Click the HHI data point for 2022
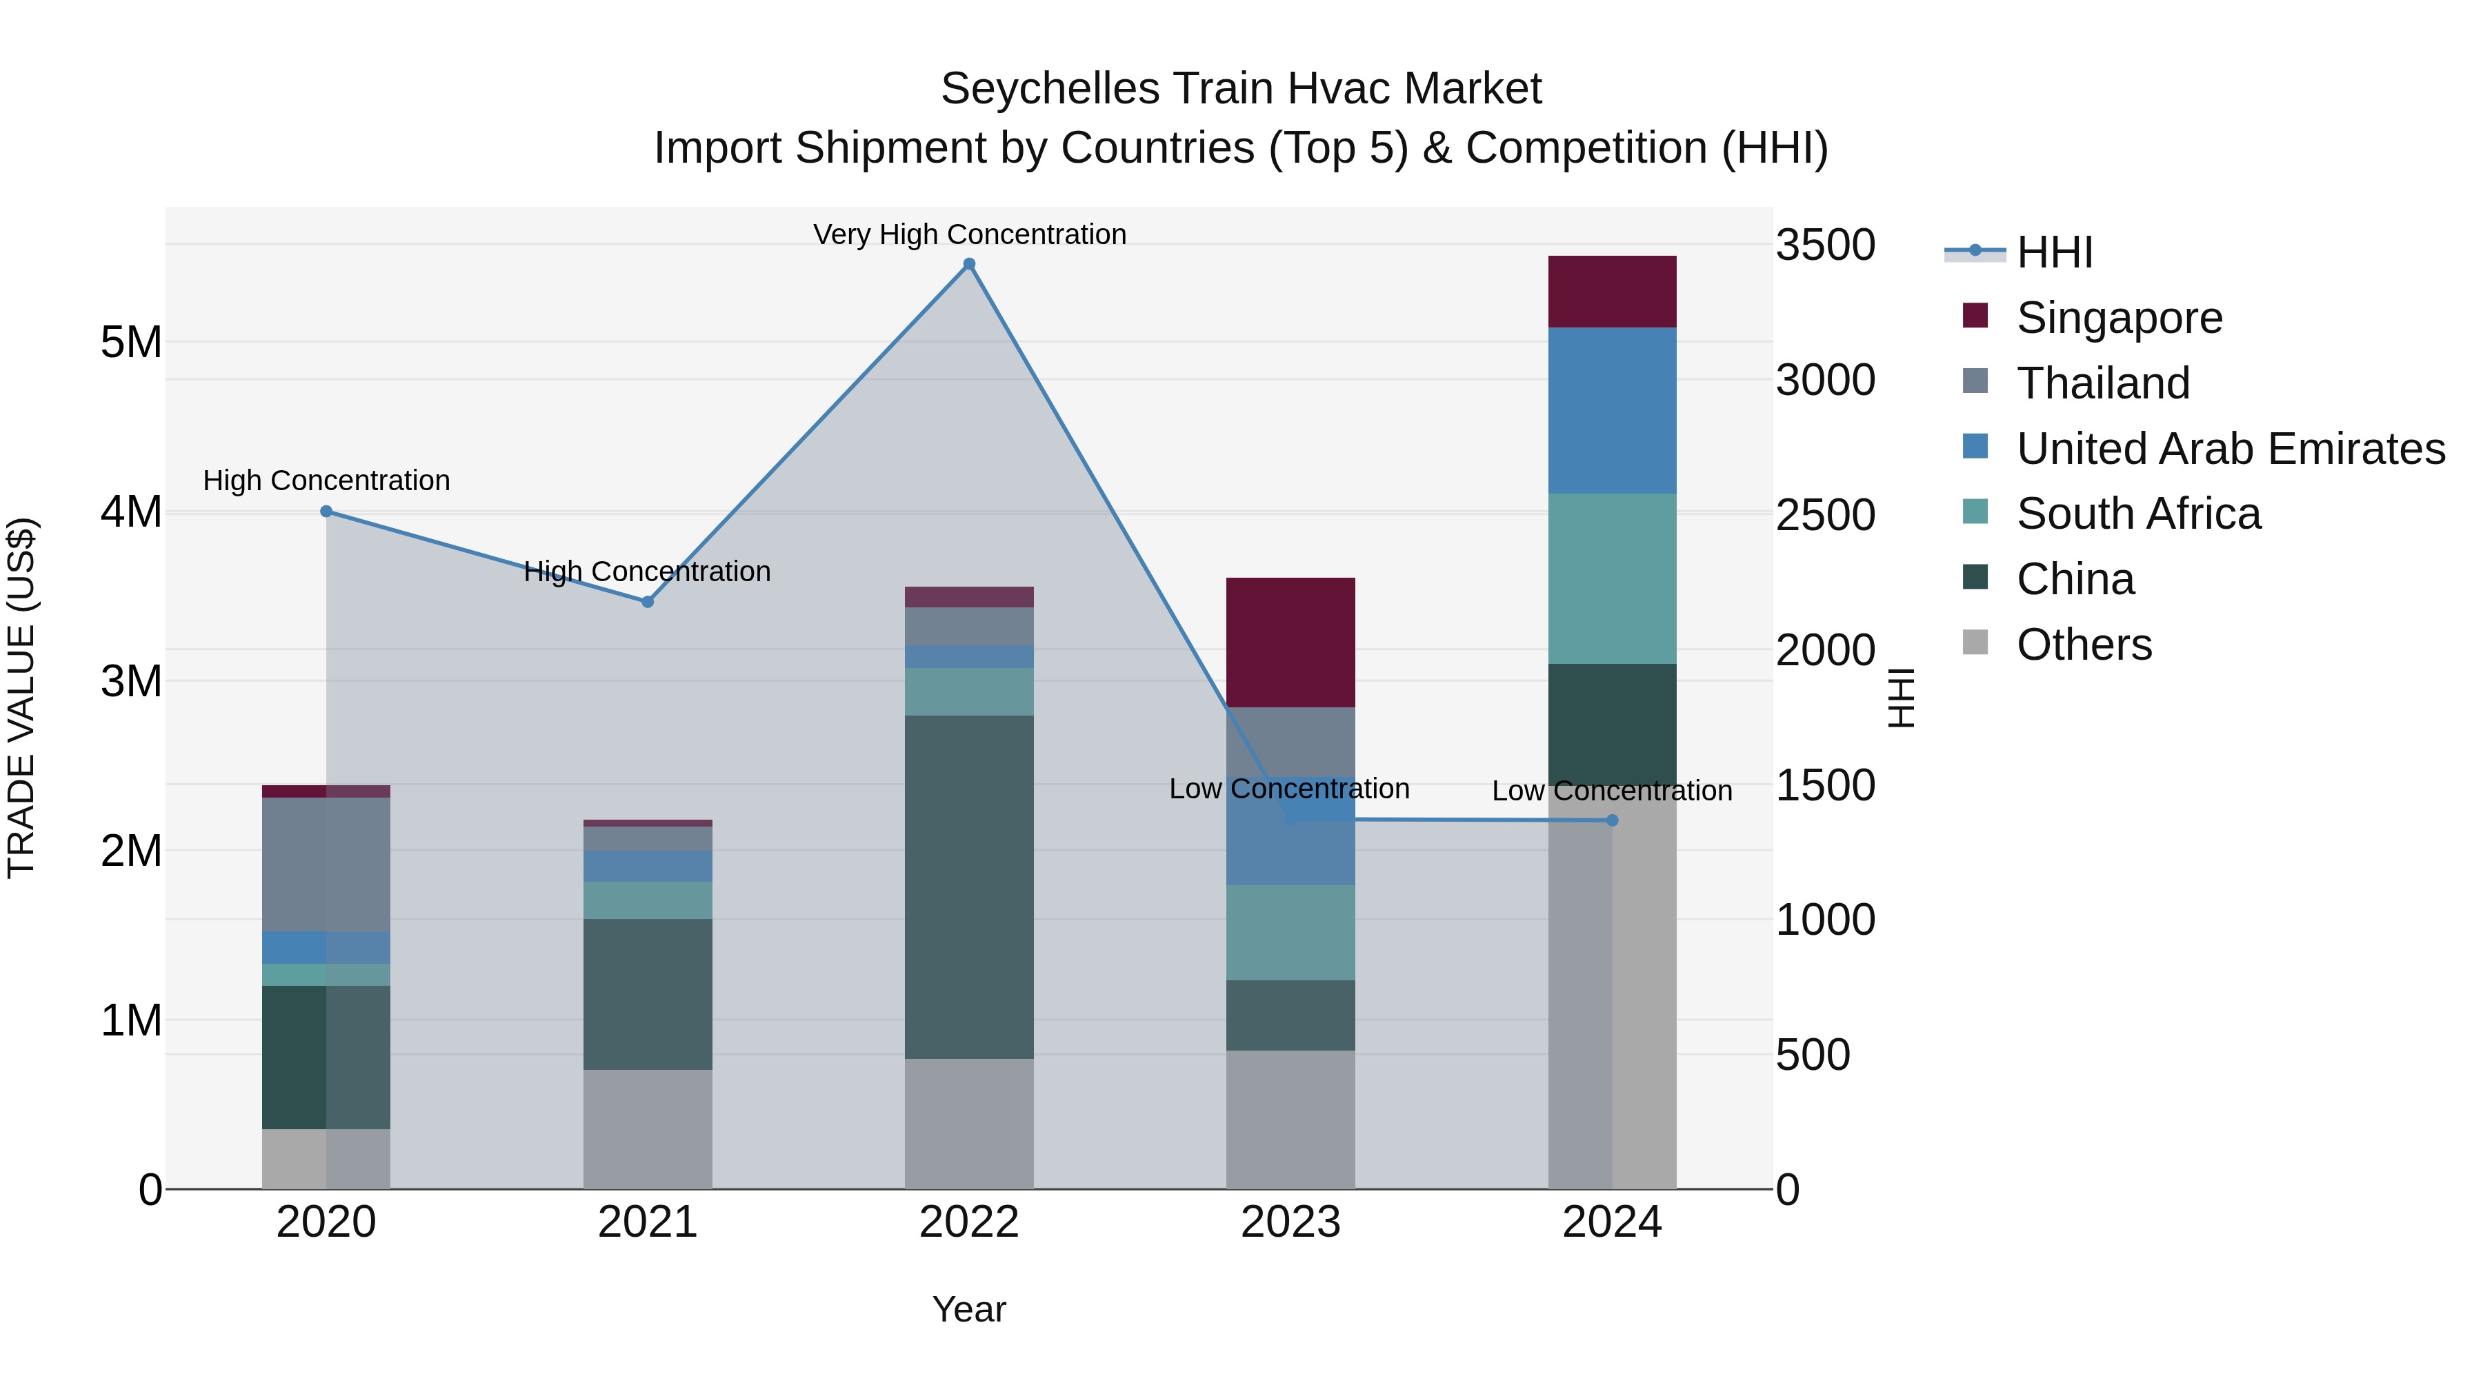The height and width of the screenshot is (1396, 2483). tap(969, 264)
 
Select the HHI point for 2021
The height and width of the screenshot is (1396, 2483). tap(648, 601)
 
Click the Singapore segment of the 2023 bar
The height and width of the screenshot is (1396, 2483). tap(1290, 643)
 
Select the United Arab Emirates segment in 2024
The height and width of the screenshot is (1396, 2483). tap(1612, 410)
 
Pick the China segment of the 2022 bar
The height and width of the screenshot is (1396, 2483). tap(969, 887)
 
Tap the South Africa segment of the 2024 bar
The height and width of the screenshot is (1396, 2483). tap(1612, 578)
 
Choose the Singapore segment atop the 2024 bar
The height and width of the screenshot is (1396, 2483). tap(1612, 292)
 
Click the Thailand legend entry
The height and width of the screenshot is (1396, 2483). tap(2102, 383)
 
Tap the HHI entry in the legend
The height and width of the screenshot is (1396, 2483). tap(2053, 252)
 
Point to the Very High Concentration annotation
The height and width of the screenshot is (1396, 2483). tap(969, 234)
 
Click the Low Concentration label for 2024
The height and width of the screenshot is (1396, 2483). tap(1612, 791)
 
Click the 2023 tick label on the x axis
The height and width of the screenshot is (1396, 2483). tap(1290, 1222)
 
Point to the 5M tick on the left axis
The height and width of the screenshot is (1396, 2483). tap(131, 342)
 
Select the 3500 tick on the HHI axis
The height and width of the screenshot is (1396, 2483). tap(1824, 245)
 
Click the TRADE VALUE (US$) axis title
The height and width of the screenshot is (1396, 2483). tap(21, 698)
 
